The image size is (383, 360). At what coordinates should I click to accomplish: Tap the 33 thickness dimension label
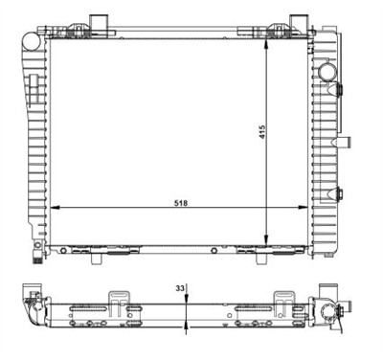pos(178,287)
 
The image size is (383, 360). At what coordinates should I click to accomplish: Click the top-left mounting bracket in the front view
pos(101,23)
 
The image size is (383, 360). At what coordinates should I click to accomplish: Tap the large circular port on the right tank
pos(329,73)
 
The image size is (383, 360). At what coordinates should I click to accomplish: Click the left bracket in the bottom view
pos(121,299)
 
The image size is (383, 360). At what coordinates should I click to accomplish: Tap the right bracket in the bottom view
pos(286,299)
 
